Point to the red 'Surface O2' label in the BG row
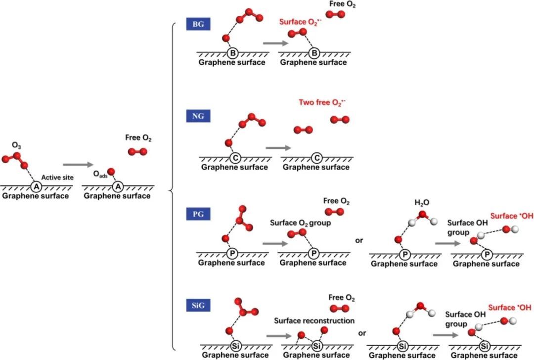click(x=301, y=22)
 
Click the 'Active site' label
click(x=57, y=177)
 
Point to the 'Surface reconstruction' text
click(x=314, y=321)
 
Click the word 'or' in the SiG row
click(x=362, y=333)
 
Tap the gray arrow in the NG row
click(x=277, y=147)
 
